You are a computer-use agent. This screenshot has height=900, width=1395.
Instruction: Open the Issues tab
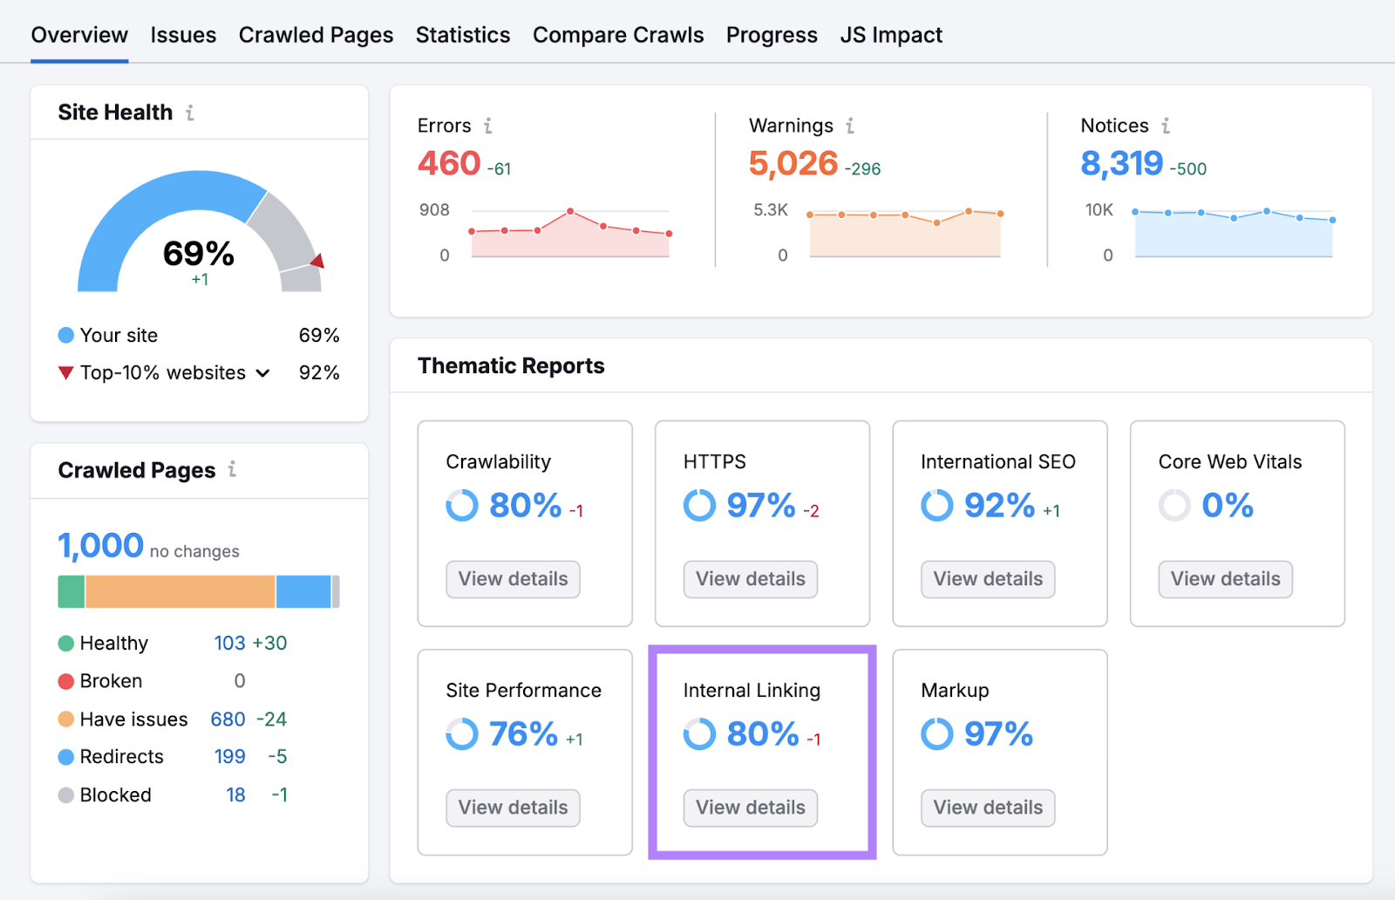click(183, 35)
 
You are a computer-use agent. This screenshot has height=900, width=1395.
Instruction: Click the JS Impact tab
click(891, 35)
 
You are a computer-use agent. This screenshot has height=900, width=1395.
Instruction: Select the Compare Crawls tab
click(618, 35)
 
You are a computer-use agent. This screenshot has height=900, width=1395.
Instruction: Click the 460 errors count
click(449, 163)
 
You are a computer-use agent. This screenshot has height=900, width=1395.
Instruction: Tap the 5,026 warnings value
click(793, 163)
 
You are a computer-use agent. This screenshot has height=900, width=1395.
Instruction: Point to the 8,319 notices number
click(1121, 163)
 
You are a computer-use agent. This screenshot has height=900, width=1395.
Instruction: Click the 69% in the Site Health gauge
click(199, 254)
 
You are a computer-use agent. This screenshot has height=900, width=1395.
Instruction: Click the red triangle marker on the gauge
click(318, 261)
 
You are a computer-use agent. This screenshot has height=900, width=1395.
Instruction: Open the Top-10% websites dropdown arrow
click(262, 373)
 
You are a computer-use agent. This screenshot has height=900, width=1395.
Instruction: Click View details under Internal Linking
click(750, 808)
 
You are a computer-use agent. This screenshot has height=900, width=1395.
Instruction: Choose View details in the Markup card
click(988, 808)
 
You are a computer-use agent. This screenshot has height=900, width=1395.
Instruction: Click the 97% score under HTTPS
click(761, 506)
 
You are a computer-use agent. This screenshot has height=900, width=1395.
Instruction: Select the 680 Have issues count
click(228, 719)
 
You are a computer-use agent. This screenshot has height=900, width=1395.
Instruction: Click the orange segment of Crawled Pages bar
click(180, 591)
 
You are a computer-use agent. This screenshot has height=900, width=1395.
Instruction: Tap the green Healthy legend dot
click(66, 644)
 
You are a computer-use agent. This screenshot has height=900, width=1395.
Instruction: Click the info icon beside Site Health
click(190, 112)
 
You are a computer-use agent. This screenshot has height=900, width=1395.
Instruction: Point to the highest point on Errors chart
click(570, 211)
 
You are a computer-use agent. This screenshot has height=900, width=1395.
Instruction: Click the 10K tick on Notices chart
click(1099, 210)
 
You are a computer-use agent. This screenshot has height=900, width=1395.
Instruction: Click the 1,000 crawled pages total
click(100, 546)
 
